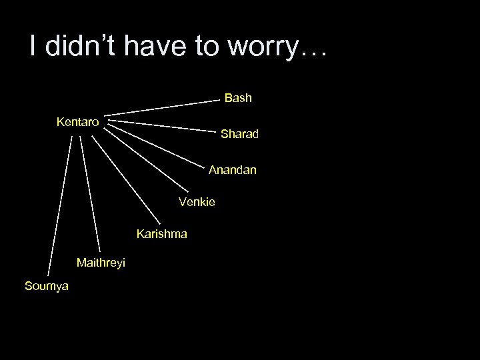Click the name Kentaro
point(78,122)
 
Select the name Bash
point(238,98)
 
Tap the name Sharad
point(239,135)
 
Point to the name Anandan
point(232,171)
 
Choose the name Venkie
point(197,201)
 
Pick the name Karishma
point(162,234)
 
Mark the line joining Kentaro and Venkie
point(139,161)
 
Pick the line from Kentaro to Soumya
point(59,204)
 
